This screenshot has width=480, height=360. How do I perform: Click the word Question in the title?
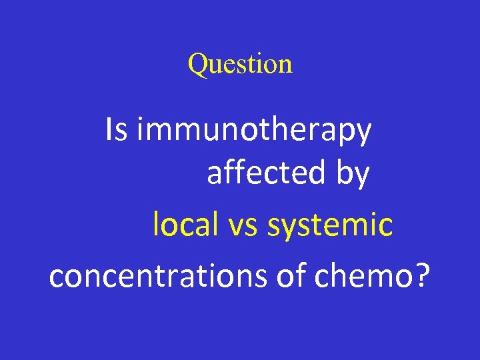click(x=240, y=64)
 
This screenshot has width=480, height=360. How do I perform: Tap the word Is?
click(x=116, y=130)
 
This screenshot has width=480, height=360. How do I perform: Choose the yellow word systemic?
click(x=330, y=226)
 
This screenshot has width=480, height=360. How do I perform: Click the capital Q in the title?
click(x=197, y=65)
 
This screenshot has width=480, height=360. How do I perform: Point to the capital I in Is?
click(x=109, y=130)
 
